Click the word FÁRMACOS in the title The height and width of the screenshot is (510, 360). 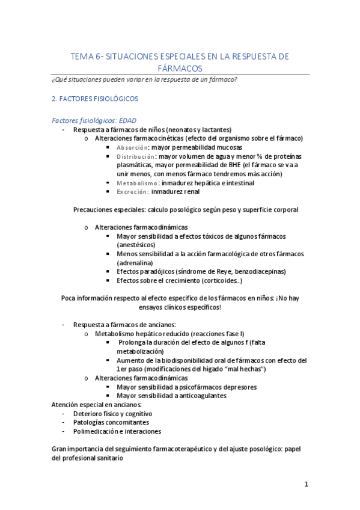tap(180, 69)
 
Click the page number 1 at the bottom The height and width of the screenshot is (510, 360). tap(306, 484)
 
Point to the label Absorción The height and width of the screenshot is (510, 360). tap(132, 147)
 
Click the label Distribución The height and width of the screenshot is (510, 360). tap(135, 156)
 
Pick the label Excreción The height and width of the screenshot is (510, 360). tap(132, 192)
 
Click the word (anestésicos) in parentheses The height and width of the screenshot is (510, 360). tap(136, 245)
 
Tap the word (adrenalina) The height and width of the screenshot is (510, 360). tap(135, 263)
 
